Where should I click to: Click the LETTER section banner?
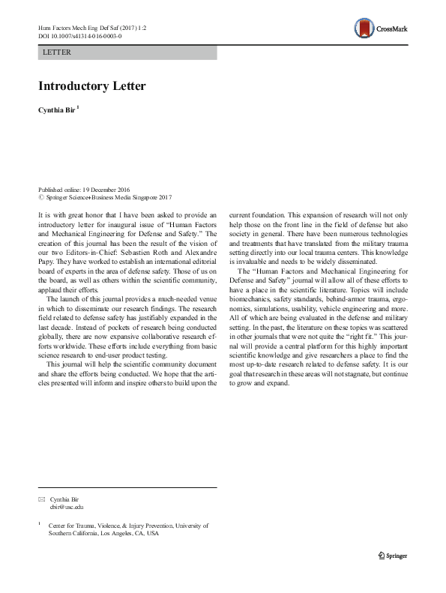pos(127,52)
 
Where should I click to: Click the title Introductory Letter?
pos(92,85)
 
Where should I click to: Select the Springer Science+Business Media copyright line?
pos(105,198)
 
